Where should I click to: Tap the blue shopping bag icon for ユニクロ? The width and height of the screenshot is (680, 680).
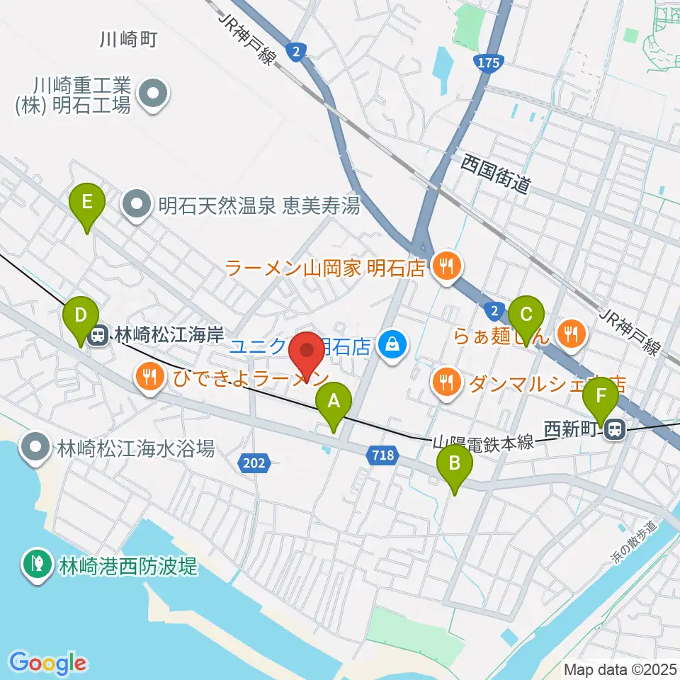pos(390,346)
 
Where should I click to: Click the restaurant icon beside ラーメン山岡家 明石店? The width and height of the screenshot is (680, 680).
pos(446,267)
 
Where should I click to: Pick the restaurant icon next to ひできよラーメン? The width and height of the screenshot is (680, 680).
pos(149,375)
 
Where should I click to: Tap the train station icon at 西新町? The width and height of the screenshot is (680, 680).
pos(614,429)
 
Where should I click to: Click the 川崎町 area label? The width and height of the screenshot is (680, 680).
pos(127,40)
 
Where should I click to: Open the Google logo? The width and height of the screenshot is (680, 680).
pos(47,663)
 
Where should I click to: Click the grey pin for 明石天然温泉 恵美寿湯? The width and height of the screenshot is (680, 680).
pos(137,205)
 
